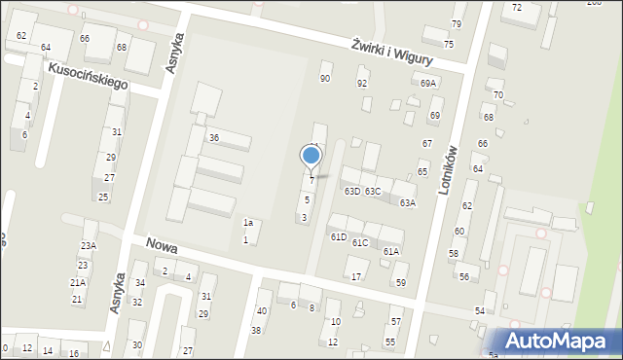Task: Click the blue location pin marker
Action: pyautogui.click(x=311, y=156)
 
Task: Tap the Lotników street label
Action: pyautogui.click(x=448, y=170)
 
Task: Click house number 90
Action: pyautogui.click(x=325, y=78)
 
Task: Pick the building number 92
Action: pyautogui.click(x=362, y=84)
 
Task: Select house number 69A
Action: pyautogui.click(x=428, y=84)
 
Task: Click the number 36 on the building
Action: pyautogui.click(x=213, y=138)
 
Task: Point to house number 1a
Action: pyautogui.click(x=248, y=223)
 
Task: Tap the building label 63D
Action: pyautogui.click(x=351, y=192)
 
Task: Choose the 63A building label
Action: pyautogui.click(x=408, y=203)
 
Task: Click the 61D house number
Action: pyautogui.click(x=338, y=237)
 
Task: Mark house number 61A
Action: pyautogui.click(x=390, y=251)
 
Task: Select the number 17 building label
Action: pyautogui.click(x=357, y=277)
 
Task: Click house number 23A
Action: pyautogui.click(x=89, y=246)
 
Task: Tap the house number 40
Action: pyautogui.click(x=261, y=311)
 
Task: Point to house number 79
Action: pyautogui.click(x=457, y=23)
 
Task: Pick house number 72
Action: pyautogui.click(x=517, y=8)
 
